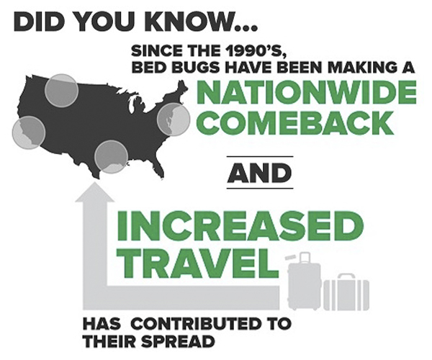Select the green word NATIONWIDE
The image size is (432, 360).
tap(307, 92)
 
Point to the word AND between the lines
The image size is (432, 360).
tap(259, 173)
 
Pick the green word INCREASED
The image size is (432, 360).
tap(240, 228)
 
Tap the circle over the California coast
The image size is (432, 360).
tap(29, 132)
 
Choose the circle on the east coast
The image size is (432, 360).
tap(174, 120)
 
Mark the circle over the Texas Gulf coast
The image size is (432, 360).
tap(111, 157)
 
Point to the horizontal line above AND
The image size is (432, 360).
tap(259, 156)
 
